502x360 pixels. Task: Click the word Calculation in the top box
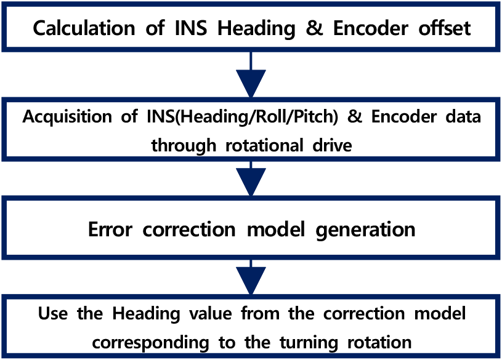coord(84,28)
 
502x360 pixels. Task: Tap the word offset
coord(444,28)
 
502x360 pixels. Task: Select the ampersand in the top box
coord(314,28)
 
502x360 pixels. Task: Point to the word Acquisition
coord(67,116)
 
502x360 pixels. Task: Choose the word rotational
coord(264,145)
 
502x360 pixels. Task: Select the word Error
coord(110,230)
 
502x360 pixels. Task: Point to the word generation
coord(365,230)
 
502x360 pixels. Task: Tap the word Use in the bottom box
coord(53,313)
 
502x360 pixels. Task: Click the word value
coord(210,313)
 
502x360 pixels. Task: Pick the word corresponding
coord(150,343)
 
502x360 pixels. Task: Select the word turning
coord(309,343)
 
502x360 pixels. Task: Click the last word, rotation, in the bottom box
coord(379,342)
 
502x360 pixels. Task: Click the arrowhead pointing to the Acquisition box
coord(251,83)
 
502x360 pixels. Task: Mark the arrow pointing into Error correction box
coord(251,178)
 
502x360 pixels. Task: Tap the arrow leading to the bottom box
coord(251,277)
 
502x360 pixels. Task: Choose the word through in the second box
coord(184,146)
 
